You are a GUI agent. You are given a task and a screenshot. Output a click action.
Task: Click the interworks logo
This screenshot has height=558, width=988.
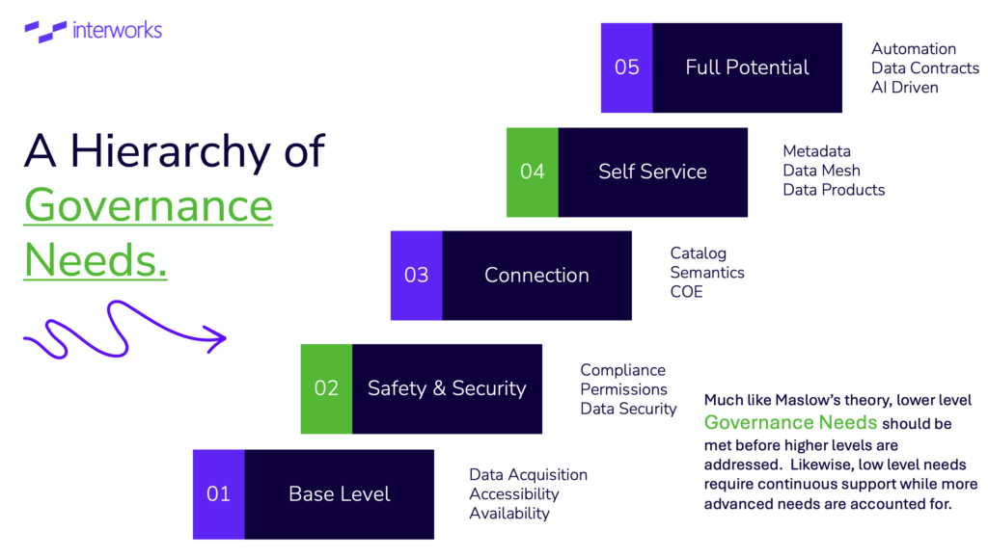click(x=94, y=31)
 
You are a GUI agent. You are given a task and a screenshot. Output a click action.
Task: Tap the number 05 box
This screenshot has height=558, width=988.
click(x=627, y=67)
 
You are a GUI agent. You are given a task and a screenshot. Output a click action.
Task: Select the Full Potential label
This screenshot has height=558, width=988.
click(x=748, y=67)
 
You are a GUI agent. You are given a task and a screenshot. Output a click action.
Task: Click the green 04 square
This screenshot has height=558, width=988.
click(x=533, y=173)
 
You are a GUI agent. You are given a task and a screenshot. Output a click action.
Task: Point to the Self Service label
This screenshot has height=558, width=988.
click(x=653, y=172)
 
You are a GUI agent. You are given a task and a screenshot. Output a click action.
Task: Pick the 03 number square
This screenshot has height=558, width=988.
click(x=417, y=276)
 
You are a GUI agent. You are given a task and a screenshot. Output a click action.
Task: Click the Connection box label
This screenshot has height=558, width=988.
click(x=536, y=275)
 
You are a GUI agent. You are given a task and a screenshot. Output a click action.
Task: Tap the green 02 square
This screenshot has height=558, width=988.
click(x=326, y=388)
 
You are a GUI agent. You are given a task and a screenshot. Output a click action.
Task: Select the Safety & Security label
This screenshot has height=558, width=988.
click(x=447, y=388)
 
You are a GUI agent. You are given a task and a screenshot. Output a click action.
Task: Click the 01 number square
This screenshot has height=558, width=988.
click(x=219, y=494)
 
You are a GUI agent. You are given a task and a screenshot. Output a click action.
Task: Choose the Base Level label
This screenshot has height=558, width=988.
click(x=340, y=493)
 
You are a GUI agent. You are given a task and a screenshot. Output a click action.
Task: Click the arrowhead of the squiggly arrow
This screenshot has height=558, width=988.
click(x=217, y=339)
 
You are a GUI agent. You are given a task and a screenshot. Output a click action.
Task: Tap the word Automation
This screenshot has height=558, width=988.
click(x=914, y=49)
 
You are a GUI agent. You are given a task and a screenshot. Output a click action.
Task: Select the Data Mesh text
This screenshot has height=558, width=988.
click(x=822, y=171)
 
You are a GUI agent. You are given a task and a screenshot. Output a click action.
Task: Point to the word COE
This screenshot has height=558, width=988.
click(x=686, y=292)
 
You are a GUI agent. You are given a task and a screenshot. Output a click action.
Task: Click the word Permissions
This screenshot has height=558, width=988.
click(x=624, y=389)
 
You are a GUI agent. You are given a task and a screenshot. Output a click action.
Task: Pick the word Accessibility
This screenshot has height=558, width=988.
click(x=514, y=494)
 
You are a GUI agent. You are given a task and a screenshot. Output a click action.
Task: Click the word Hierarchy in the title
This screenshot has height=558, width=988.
click(x=171, y=151)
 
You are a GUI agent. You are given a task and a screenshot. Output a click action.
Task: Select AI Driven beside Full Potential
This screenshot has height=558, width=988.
click(x=905, y=88)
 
